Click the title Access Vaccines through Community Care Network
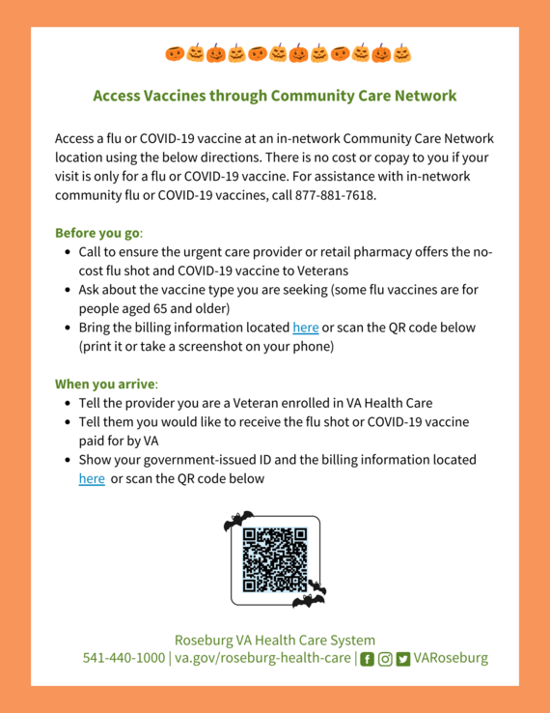pyautogui.click(x=274, y=97)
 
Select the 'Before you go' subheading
pyautogui.click(x=97, y=233)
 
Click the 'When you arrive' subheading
pyautogui.click(x=104, y=384)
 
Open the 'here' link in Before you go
pyautogui.click(x=305, y=328)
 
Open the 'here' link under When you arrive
pyautogui.click(x=92, y=478)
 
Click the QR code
pyautogui.click(x=275, y=559)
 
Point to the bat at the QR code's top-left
pyautogui.click(x=237, y=522)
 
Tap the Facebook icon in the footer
pyautogui.click(x=367, y=659)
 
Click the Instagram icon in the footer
pyautogui.click(x=385, y=659)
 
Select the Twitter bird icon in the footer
pyautogui.click(x=402, y=659)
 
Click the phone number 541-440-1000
pyautogui.click(x=124, y=658)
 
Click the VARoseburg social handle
pyautogui.click(x=451, y=658)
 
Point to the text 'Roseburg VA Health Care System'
pyautogui.click(x=274, y=640)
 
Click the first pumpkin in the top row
pyautogui.click(x=174, y=53)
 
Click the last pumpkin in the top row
pyautogui.click(x=401, y=53)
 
